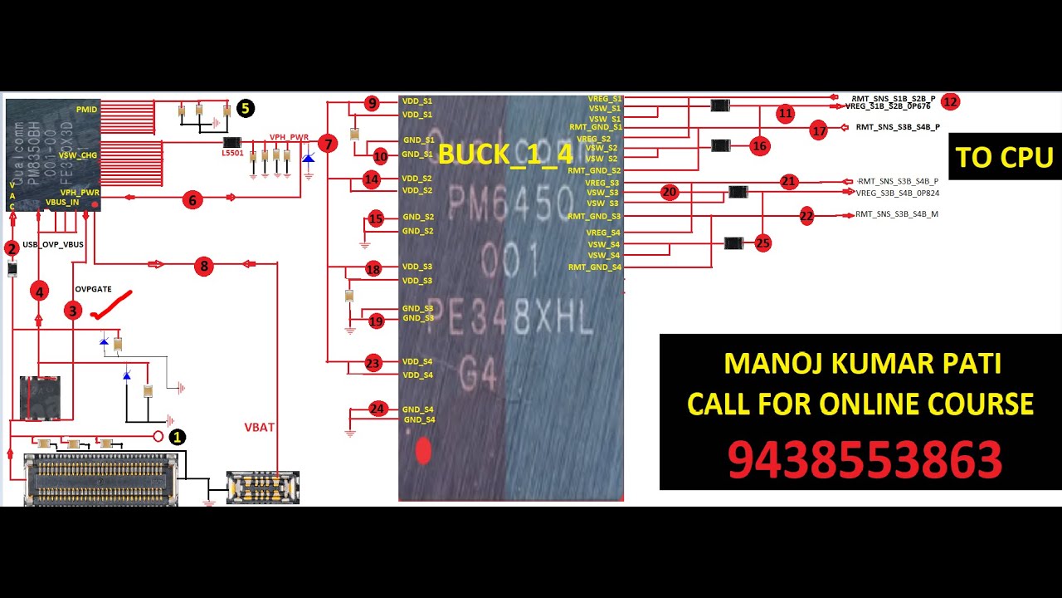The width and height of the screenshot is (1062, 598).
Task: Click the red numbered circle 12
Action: [x=950, y=102]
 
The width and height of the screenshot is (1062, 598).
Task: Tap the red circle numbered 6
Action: [x=192, y=199]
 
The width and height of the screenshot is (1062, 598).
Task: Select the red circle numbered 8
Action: [x=203, y=267]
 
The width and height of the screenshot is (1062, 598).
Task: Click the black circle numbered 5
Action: [x=245, y=108]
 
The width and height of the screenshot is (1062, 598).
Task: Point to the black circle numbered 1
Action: [x=177, y=437]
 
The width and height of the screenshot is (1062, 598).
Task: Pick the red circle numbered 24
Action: [x=378, y=409]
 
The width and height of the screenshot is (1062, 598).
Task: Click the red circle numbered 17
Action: [x=819, y=131]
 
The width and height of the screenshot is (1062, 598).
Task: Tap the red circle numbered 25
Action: [x=762, y=243]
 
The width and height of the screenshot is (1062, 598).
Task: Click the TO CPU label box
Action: [x=1004, y=156]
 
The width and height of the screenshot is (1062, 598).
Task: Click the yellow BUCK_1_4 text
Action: [x=505, y=154]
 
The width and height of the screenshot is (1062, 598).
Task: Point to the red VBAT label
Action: [x=259, y=427]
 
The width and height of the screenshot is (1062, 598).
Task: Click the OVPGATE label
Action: [x=93, y=289]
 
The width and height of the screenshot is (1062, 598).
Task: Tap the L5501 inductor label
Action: [x=232, y=154]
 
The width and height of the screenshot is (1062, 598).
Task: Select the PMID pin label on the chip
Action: [x=86, y=110]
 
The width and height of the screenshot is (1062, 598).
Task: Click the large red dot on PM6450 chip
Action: [x=423, y=451]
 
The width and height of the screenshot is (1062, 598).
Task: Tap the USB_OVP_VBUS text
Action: [x=53, y=244]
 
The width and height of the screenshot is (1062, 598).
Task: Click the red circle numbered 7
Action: [x=329, y=144]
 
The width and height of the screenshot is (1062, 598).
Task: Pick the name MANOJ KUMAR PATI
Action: [x=862, y=363]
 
